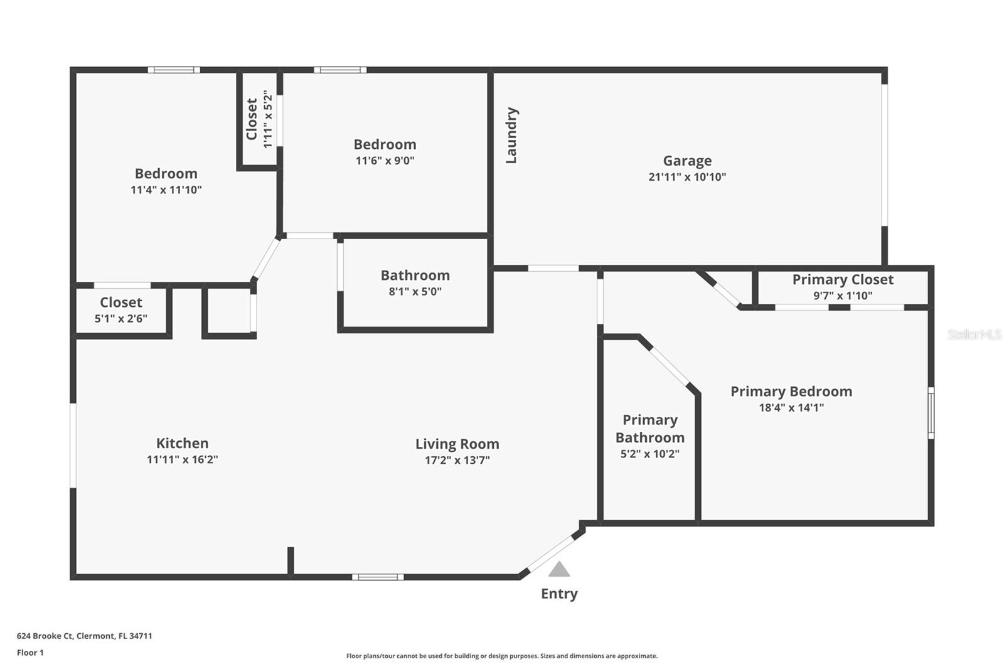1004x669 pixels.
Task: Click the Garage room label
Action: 687,161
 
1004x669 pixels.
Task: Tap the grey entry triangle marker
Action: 559,570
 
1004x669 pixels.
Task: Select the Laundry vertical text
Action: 511,136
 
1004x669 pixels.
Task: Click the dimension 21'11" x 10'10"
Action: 687,177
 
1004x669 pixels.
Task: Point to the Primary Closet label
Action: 842,280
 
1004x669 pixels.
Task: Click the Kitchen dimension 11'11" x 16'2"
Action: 182,459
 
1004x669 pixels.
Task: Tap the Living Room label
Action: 457,444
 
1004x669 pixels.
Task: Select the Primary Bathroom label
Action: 649,429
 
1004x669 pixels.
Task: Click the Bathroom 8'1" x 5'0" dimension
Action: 415,291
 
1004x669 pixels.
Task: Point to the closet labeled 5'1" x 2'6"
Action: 121,310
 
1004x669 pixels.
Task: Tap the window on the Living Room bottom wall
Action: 378,577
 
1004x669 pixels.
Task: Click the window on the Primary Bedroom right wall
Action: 931,412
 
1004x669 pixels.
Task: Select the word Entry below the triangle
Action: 559,594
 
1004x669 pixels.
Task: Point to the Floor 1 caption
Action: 30,653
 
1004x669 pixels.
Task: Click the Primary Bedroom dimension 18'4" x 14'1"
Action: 791,408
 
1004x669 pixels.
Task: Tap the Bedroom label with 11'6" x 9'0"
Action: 385,145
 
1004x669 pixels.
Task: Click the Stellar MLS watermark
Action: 974,334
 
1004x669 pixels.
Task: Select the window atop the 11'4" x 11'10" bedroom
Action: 174,70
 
